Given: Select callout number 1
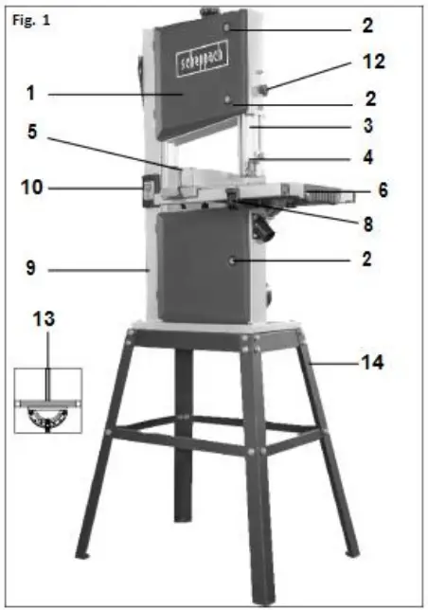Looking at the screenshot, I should pos(31,94).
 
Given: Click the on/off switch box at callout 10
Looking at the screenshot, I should pos(148,190).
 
